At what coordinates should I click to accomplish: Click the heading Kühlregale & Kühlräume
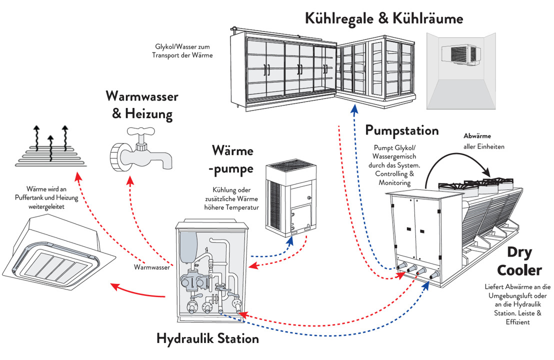[x=384, y=18]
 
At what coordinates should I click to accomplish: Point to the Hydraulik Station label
[x=207, y=338]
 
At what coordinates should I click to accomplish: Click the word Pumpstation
[x=402, y=130]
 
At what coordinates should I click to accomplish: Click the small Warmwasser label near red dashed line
[x=150, y=267]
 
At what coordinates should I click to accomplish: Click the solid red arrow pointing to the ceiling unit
[x=135, y=292]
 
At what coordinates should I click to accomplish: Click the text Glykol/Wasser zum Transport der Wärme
[x=182, y=51]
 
